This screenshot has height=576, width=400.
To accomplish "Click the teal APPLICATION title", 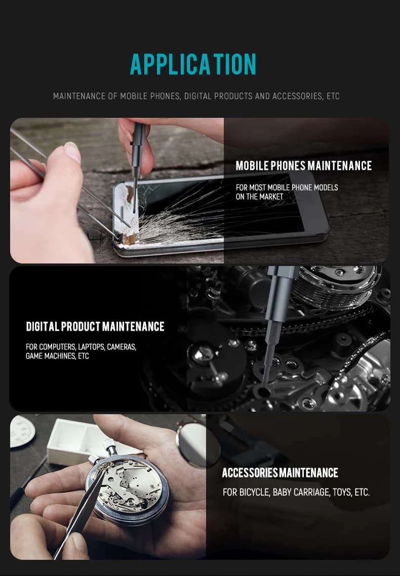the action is [x=193, y=64].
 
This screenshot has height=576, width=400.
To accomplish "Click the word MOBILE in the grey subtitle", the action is [x=134, y=96].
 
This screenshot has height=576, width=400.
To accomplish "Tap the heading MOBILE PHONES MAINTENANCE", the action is [x=304, y=166].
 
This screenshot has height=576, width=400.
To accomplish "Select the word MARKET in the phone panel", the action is [x=270, y=197].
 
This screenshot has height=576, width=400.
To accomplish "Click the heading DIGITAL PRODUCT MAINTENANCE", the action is [x=95, y=327].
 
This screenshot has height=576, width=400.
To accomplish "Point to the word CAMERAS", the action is [x=122, y=347].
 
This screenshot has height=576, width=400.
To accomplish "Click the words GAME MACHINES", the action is [x=51, y=356].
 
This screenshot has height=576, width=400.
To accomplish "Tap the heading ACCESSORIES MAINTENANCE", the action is [x=280, y=473].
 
